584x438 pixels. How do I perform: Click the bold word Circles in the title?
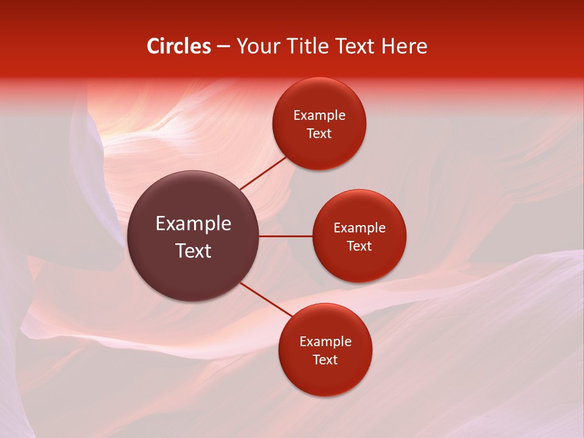pyautogui.click(x=179, y=46)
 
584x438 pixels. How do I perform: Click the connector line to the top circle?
pyautogui.click(x=264, y=173)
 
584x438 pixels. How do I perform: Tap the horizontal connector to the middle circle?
pyautogui.click(x=285, y=236)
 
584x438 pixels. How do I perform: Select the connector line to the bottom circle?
pyautogui.click(x=265, y=299)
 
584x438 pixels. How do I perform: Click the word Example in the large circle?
pyautogui.click(x=193, y=224)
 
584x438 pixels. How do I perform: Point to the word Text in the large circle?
pyautogui.click(x=193, y=251)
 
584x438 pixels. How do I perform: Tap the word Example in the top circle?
pyautogui.click(x=319, y=116)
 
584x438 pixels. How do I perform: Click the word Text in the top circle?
pyautogui.click(x=319, y=134)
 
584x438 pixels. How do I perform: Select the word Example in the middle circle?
pyautogui.click(x=359, y=228)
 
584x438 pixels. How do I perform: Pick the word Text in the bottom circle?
pyautogui.click(x=325, y=360)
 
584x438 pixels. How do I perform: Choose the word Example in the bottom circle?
pyautogui.click(x=325, y=342)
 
